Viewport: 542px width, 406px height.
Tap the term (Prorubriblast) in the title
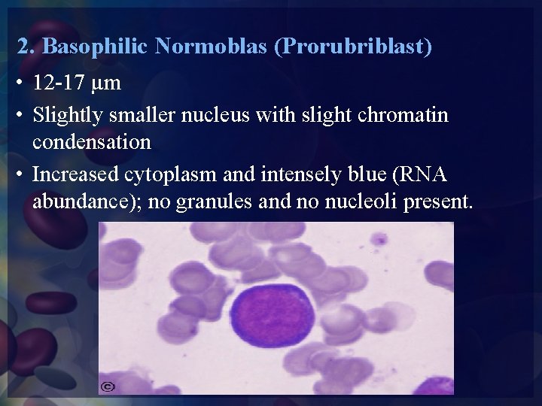[x=353, y=47]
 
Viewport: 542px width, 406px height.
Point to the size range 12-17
[x=61, y=83]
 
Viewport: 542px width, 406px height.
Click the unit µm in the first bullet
[x=108, y=83]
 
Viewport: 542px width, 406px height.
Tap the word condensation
[x=92, y=141]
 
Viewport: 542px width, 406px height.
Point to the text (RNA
[x=417, y=174]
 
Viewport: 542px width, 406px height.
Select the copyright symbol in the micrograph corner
[x=108, y=386]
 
